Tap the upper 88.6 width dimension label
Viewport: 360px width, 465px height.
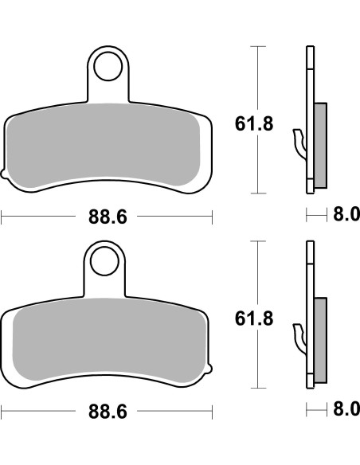(108, 216)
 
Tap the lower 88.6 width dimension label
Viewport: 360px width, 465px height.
(108, 411)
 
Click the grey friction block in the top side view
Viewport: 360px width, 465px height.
(320, 145)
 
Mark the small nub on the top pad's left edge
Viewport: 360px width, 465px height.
(4, 173)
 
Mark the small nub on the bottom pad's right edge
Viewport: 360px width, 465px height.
(211, 368)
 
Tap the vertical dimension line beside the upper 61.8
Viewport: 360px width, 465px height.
(255, 80)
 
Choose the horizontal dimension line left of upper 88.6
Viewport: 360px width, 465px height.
(40, 216)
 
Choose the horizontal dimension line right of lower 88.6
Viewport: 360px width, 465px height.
(175, 411)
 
